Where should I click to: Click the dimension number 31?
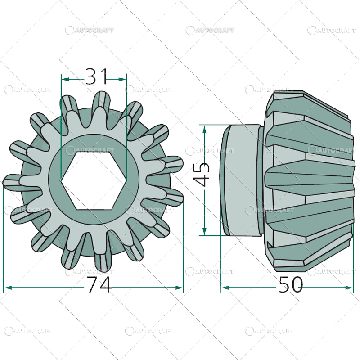[x=97, y=76]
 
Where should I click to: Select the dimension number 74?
[x=99, y=285]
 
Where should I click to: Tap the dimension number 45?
[x=203, y=174]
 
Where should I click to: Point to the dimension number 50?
[x=291, y=285]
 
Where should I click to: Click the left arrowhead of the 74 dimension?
[x=7, y=288]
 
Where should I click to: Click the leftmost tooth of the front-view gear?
[x=13, y=182]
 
